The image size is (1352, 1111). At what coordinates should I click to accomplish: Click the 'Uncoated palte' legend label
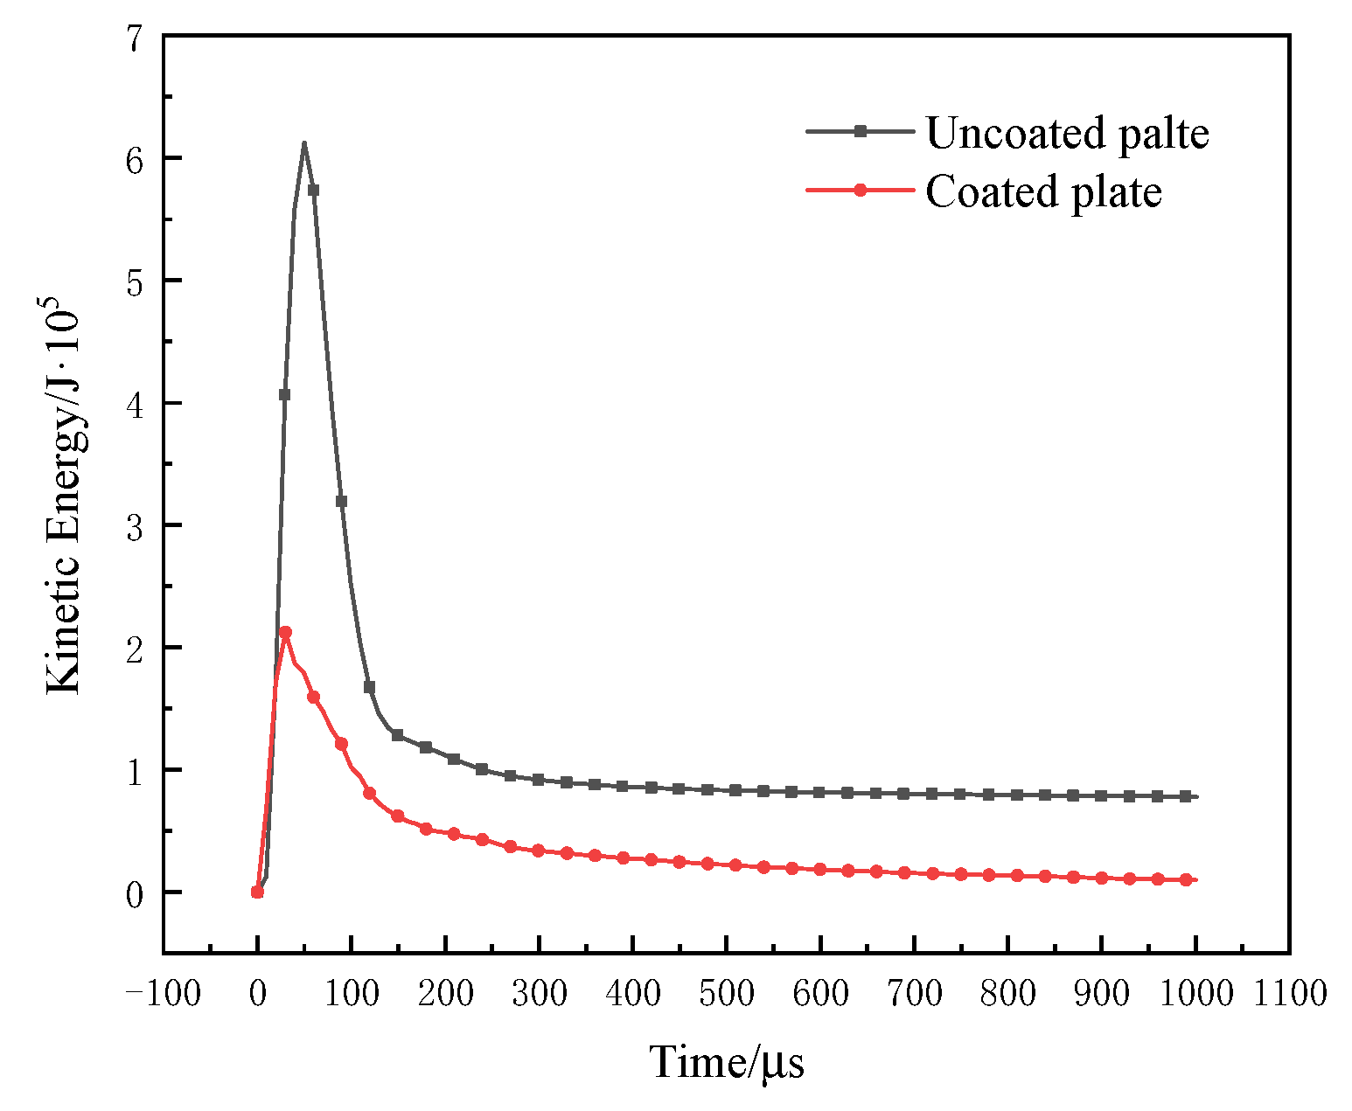tap(1067, 133)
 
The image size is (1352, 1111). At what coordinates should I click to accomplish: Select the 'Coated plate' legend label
tap(1043, 191)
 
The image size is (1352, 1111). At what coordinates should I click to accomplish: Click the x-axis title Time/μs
tap(726, 1064)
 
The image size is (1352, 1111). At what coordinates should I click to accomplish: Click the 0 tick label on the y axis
tap(136, 894)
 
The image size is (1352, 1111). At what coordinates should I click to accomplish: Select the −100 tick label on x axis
tap(164, 994)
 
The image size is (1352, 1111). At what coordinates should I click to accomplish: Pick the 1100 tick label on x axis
tap(1289, 994)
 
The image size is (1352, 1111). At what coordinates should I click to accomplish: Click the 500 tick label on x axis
tap(726, 994)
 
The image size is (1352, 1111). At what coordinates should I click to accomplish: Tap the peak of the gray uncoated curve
tap(303, 143)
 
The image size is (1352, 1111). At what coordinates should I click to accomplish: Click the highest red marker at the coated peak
tap(285, 632)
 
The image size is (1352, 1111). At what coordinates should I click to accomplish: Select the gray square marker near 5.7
tap(313, 190)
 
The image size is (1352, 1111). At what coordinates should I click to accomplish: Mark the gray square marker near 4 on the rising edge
tap(284, 394)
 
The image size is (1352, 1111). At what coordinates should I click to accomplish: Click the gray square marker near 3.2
tap(341, 501)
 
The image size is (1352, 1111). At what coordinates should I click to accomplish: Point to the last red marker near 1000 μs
tap(1187, 879)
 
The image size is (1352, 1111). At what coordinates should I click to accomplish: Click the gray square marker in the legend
tap(860, 131)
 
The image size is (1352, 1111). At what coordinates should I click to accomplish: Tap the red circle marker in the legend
tap(860, 190)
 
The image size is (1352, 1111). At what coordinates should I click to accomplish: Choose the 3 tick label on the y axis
tap(136, 527)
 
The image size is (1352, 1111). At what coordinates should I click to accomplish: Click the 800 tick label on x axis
tap(1007, 994)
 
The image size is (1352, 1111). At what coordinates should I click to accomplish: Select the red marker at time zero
tap(257, 892)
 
